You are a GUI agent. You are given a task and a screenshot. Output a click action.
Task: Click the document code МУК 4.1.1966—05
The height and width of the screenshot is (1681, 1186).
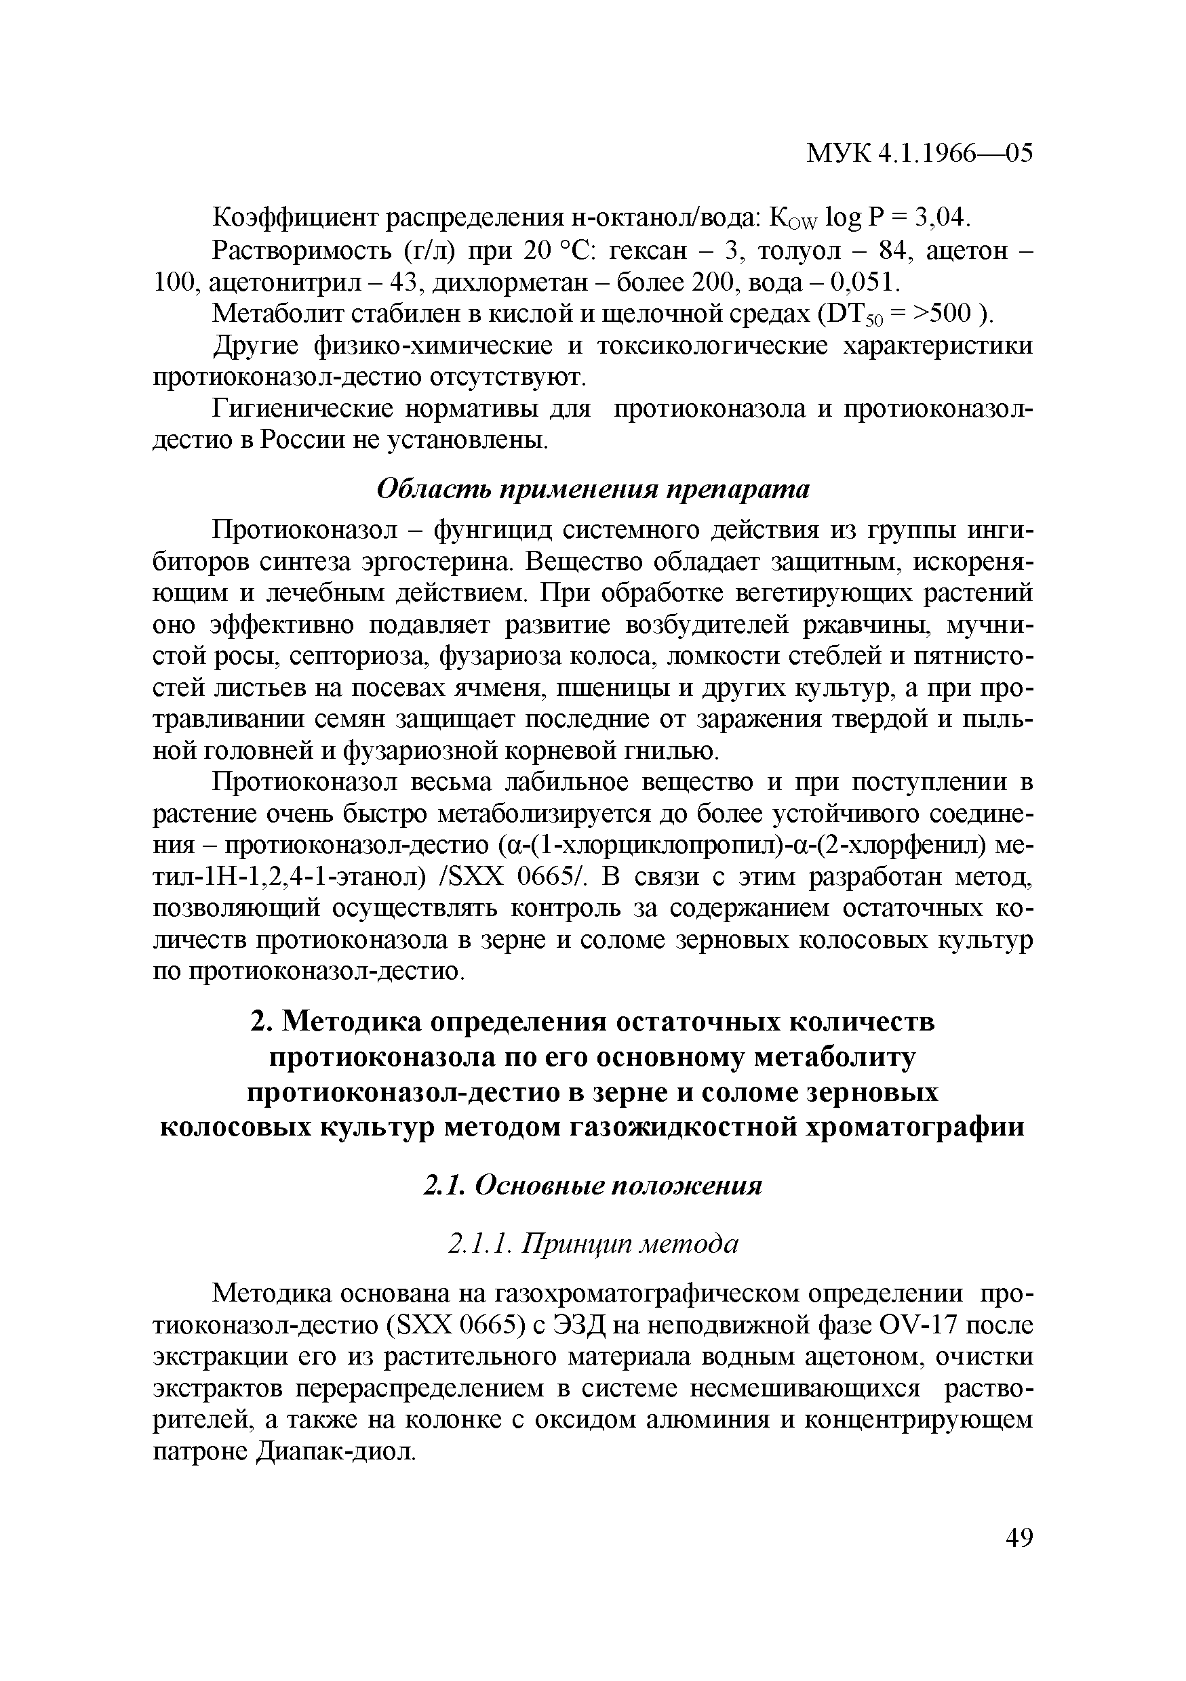pyautogui.click(x=920, y=173)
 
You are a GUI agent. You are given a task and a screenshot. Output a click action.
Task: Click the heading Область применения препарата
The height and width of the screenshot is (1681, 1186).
pyautogui.click(x=593, y=490)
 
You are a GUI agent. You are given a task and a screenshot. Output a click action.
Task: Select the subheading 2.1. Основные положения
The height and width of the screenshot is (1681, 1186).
pyautogui.click(x=593, y=1185)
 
